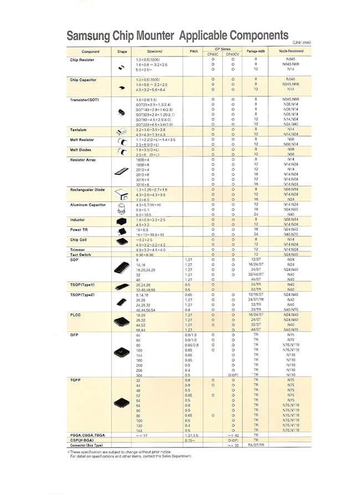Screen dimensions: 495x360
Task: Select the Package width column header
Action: point(256,51)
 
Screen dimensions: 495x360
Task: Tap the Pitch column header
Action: point(194,51)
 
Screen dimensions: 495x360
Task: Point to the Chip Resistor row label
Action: point(82,60)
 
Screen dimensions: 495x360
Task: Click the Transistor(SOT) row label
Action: point(84,100)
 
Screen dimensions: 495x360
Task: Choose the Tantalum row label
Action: point(78,130)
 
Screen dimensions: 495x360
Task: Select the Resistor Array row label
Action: point(83,160)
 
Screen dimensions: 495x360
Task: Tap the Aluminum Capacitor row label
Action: point(88,205)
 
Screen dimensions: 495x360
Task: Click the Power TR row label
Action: point(79,229)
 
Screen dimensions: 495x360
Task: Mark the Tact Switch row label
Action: point(81,255)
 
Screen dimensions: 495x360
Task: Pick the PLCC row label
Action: point(75,314)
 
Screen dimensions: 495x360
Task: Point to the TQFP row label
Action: point(75,381)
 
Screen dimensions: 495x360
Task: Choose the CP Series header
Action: point(222,49)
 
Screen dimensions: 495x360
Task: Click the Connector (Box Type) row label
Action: point(86,445)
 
